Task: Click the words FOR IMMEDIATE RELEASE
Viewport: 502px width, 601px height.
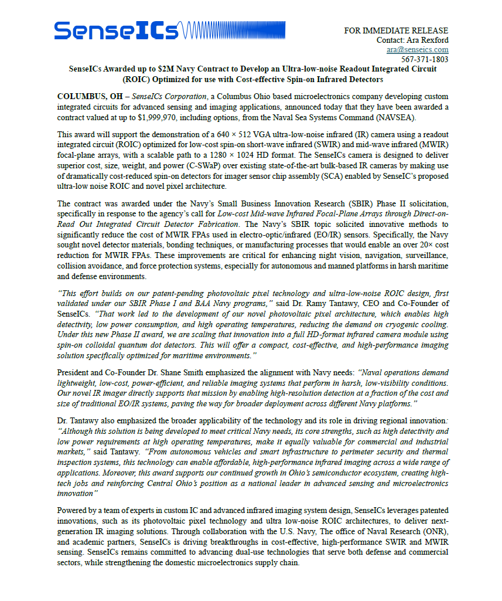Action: coord(396,30)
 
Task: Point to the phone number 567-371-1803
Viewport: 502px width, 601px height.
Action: coord(425,59)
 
